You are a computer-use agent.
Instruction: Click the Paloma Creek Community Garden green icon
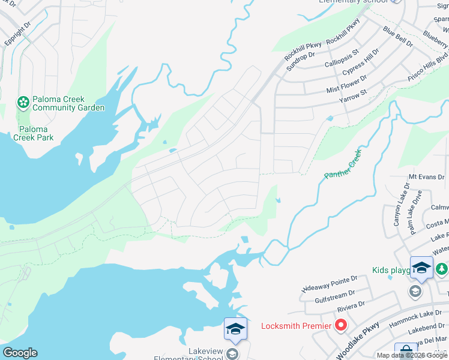[x=23, y=103]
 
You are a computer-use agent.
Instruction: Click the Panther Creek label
[x=344, y=164]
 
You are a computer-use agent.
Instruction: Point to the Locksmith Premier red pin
[x=341, y=325]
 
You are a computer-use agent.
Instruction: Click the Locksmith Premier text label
[x=296, y=326]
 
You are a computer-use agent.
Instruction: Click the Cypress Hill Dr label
[x=361, y=63]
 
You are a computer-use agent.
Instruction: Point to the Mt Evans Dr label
[x=424, y=177]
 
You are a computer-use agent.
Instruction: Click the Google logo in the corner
[x=20, y=353]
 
